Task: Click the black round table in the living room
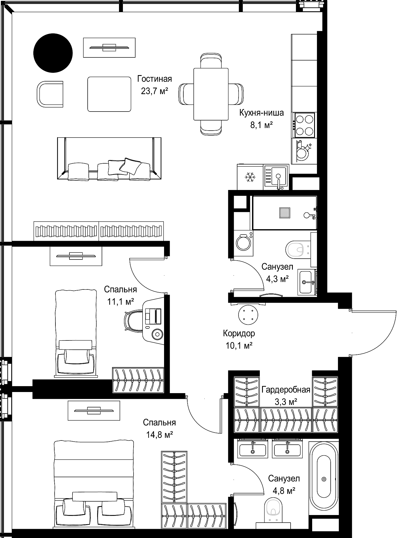pyautogui.click(x=53, y=53)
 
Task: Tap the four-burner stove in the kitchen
pyautogui.click(x=304, y=125)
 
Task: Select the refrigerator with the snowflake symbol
pyautogui.click(x=250, y=177)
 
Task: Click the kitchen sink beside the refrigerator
pyautogui.click(x=276, y=177)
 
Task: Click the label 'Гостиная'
pyautogui.click(x=155, y=79)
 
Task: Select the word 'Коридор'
pyautogui.click(x=239, y=333)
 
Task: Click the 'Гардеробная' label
pyautogui.click(x=286, y=390)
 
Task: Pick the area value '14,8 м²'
pyautogui.click(x=159, y=435)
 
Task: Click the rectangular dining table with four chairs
pyautogui.click(x=211, y=94)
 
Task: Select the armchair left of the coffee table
pyautogui.click(x=50, y=94)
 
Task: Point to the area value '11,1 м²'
pyautogui.click(x=121, y=302)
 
